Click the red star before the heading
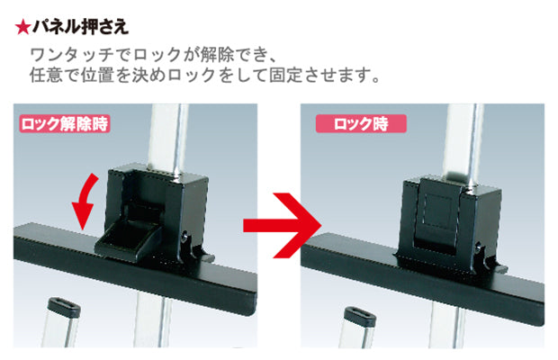(x=22, y=26)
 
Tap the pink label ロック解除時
(x=65, y=124)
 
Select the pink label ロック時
(x=359, y=124)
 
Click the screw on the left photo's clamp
(x=190, y=240)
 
